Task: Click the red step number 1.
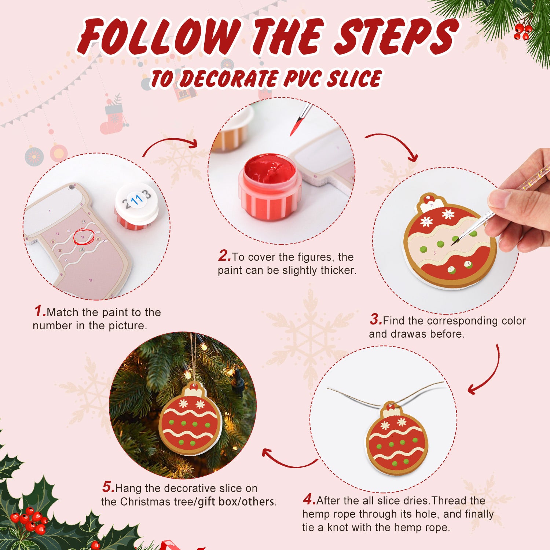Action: tap(40, 311)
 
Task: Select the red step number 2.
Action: tap(224, 256)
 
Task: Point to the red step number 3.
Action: tap(375, 319)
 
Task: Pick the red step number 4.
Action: tap(309, 499)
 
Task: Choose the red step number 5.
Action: tap(108, 487)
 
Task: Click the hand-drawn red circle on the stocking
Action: tap(84, 236)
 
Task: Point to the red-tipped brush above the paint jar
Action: tap(299, 121)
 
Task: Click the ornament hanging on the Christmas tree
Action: tap(190, 422)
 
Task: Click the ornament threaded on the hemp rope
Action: tap(397, 440)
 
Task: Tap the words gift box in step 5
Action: tap(217, 501)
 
